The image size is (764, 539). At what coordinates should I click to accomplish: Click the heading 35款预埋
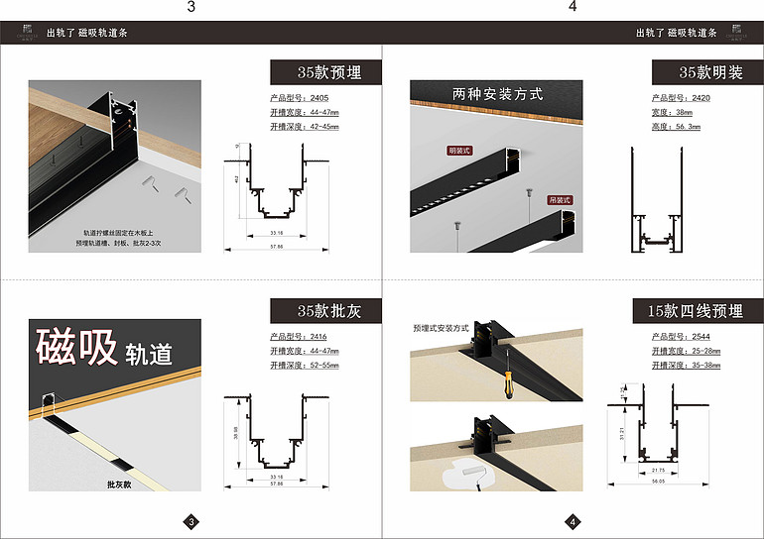click(x=328, y=72)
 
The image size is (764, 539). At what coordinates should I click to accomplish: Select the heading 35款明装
click(x=709, y=72)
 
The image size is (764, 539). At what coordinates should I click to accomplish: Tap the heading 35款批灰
click(x=328, y=311)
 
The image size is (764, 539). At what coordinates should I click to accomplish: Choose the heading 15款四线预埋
click(x=695, y=311)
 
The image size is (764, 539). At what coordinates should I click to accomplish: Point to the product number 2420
click(x=700, y=99)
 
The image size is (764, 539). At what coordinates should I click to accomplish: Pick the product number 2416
click(x=318, y=338)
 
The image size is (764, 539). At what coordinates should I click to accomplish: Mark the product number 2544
click(x=700, y=338)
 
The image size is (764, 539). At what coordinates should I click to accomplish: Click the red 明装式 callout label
click(x=459, y=151)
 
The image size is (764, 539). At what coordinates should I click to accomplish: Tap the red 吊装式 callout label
click(x=561, y=199)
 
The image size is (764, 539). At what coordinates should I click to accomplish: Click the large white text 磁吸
click(x=76, y=347)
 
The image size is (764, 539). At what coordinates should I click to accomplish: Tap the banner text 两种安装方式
click(x=497, y=94)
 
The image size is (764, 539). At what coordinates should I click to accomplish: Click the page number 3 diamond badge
click(x=192, y=521)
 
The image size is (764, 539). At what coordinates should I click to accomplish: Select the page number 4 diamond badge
click(x=573, y=521)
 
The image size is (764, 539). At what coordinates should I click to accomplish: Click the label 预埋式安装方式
click(x=442, y=326)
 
